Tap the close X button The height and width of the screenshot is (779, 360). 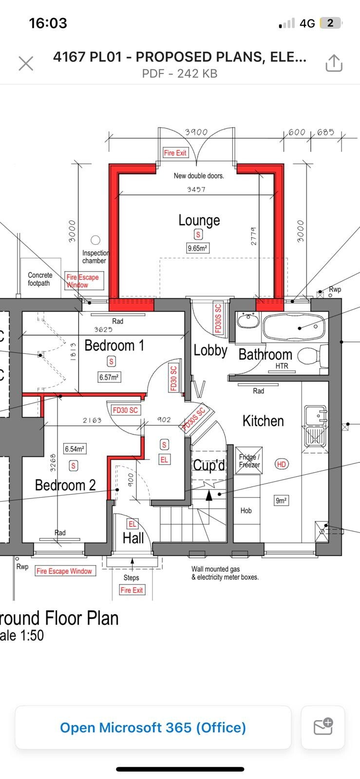point(26,63)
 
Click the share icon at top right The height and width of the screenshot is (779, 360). point(334,63)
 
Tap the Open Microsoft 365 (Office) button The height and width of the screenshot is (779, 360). point(153,727)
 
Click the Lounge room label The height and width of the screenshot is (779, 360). point(199,220)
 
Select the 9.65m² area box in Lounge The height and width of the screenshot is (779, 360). point(198,248)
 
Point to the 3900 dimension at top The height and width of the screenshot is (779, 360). point(196,132)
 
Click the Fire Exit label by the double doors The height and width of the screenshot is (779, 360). point(175,152)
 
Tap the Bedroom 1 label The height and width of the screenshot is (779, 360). point(114,345)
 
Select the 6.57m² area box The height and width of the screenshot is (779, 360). point(110,377)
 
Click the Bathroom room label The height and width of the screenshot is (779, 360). point(265,354)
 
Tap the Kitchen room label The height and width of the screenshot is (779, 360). point(263,421)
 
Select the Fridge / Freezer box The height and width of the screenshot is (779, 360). point(249,461)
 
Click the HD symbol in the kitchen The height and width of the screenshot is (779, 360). point(281,464)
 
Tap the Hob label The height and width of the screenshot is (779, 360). point(246,510)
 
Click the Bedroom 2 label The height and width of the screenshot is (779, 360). point(65,485)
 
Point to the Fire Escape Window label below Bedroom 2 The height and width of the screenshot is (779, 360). point(64,571)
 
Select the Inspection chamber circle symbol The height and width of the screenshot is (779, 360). point(95,240)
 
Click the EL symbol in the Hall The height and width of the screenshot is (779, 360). point(132,524)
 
